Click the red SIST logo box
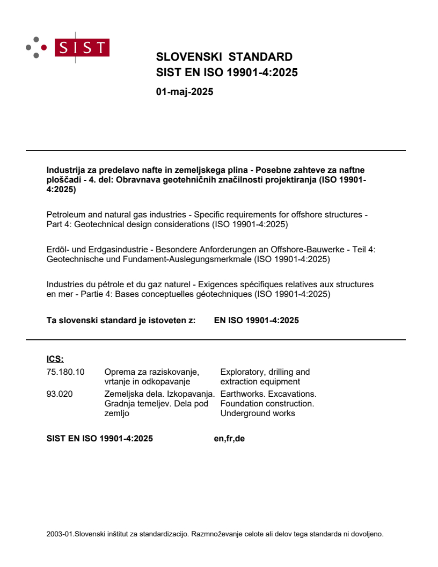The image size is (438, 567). tap(83, 48)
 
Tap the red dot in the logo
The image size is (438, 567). tap(44, 47)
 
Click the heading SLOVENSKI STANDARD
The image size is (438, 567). tap(224, 57)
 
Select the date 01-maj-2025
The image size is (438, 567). tap(184, 92)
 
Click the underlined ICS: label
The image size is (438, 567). tap(55, 359)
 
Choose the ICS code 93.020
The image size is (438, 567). tap(60, 394)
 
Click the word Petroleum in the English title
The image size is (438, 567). tap(65, 215)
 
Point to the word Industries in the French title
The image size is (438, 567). tap(65, 285)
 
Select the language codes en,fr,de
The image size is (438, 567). tap(229, 439)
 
